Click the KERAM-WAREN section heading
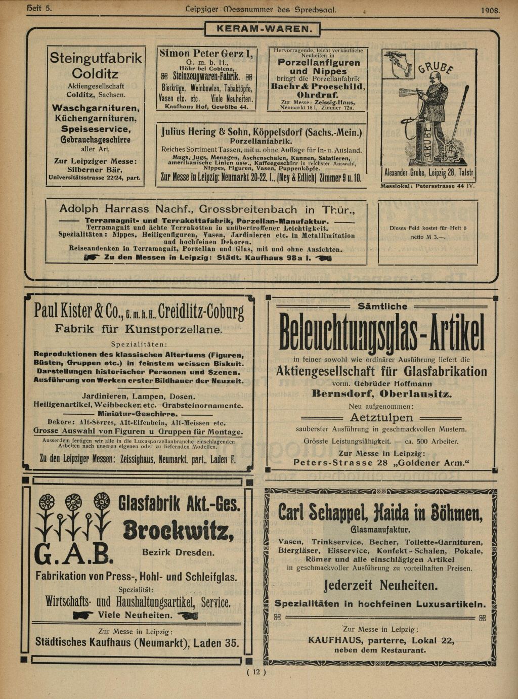tap(263, 29)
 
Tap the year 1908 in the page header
tap(490, 10)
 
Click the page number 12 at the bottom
tap(256, 672)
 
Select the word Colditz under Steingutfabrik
tap(95, 74)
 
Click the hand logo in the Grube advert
tap(399, 64)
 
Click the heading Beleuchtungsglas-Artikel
tap(382, 335)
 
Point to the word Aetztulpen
tap(381, 418)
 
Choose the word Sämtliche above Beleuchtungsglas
tap(382, 306)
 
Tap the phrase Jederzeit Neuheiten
tap(381, 586)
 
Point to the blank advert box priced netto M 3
tap(427, 233)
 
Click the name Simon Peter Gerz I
tap(206, 54)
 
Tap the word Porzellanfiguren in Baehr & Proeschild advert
tap(319, 63)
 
